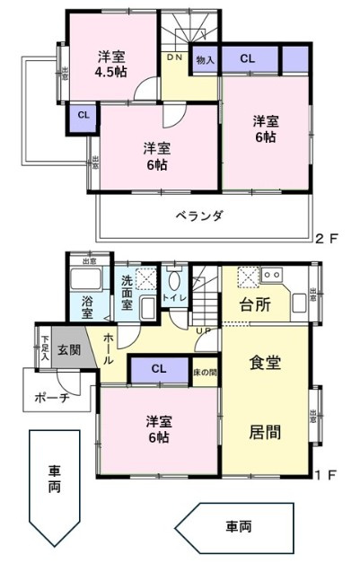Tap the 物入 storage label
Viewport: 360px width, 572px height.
[x=205, y=59]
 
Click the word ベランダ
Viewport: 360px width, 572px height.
[x=199, y=216]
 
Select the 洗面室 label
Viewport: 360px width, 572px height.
[x=127, y=292]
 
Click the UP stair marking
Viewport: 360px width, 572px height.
[x=204, y=330]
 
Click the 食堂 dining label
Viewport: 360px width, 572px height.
[x=266, y=364]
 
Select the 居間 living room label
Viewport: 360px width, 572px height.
[x=266, y=431]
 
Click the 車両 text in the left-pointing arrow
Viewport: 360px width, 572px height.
[x=239, y=527]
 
